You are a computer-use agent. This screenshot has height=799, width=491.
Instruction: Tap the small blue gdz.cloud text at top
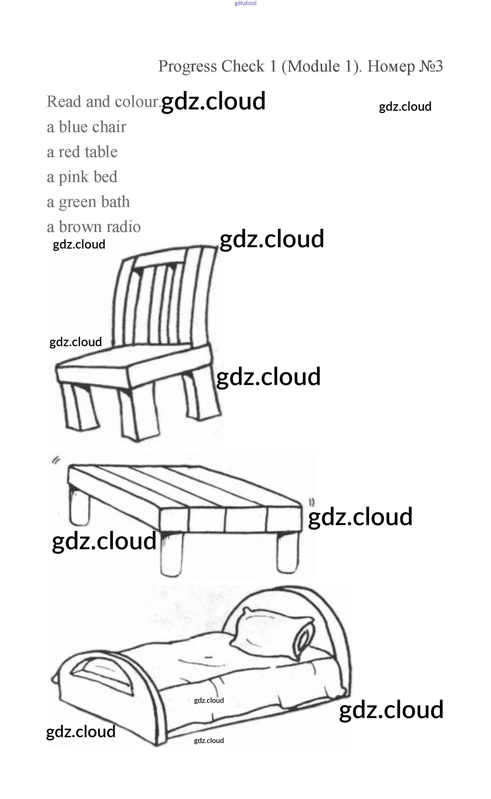[246, 3]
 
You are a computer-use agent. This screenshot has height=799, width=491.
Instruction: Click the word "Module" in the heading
[313, 67]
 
